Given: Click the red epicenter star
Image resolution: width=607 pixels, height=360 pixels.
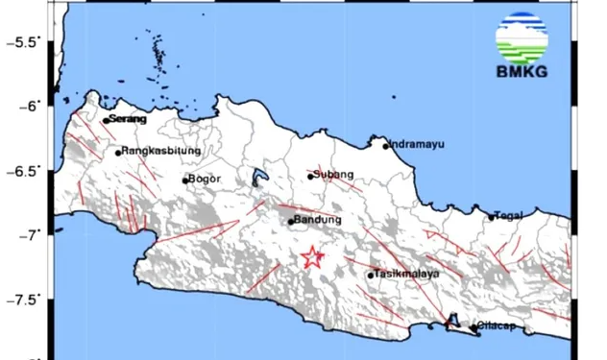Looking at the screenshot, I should (312, 256).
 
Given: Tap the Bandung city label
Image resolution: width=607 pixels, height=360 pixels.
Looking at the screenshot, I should (317, 221).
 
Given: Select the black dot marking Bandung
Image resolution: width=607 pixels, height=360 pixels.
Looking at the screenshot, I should (291, 222).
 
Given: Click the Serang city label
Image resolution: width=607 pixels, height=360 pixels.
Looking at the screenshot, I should (128, 119).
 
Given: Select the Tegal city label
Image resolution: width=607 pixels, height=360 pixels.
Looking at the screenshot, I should (509, 215).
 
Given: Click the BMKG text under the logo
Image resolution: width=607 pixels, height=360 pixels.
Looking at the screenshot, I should (522, 71).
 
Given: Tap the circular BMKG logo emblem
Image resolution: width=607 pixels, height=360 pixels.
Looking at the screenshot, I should (522, 36).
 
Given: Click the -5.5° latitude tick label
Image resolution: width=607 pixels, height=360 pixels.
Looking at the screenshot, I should (26, 41).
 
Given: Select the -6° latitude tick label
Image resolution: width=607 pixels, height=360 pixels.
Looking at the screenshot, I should (34, 106).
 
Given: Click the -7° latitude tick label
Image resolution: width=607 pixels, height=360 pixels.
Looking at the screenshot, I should (34, 234).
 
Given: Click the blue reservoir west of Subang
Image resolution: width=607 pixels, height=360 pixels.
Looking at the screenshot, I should (257, 178).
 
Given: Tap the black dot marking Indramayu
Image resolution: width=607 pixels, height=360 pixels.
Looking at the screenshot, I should (386, 146).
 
